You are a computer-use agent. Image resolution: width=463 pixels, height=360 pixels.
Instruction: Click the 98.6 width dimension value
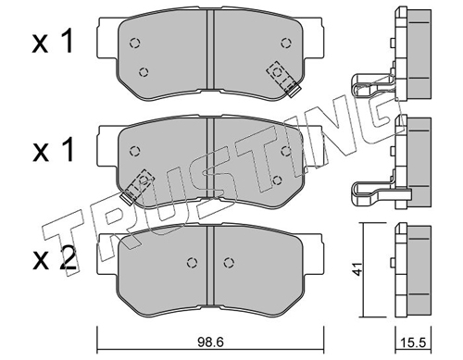(210, 342)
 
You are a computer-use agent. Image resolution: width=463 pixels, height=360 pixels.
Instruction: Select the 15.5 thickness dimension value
(413, 342)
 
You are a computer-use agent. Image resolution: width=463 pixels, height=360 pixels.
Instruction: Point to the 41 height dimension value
(357, 269)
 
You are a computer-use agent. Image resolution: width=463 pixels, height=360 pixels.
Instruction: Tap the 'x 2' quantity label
(54, 259)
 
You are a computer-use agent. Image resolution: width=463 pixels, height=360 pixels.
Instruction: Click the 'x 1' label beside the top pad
(53, 41)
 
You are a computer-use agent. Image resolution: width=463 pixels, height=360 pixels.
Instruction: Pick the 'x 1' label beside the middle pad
(54, 150)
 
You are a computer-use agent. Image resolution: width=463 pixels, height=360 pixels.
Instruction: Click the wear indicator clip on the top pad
(284, 79)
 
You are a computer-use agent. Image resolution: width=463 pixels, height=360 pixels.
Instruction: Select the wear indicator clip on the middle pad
(137, 187)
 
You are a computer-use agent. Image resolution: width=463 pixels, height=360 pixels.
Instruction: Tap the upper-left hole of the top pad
(134, 43)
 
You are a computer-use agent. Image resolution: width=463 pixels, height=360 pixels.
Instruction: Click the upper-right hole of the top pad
(286, 43)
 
